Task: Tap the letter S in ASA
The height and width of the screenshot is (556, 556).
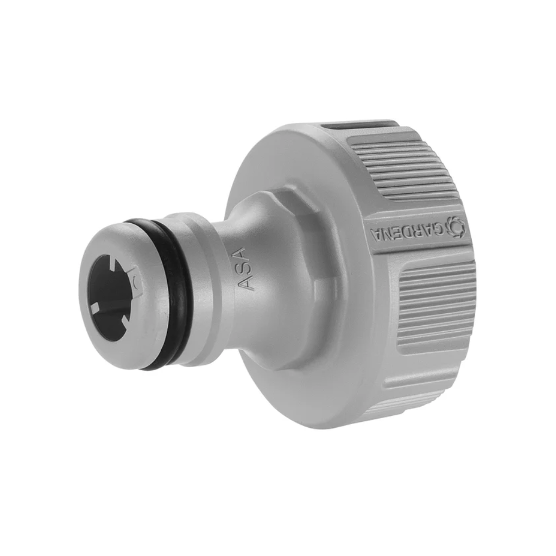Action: coord(246,269)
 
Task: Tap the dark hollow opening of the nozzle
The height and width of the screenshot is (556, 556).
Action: coord(111,299)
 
